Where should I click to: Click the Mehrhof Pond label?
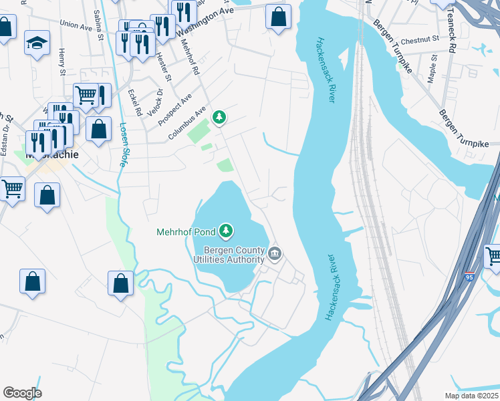point(185,232)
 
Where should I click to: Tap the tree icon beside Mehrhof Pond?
point(227,231)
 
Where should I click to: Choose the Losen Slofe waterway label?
point(124,143)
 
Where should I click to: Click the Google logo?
point(22,393)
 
